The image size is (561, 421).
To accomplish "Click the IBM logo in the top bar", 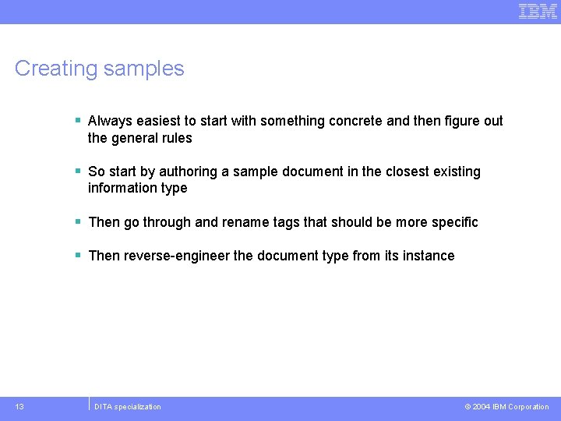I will click(x=538, y=11).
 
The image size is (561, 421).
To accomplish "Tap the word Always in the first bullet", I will click(x=109, y=121).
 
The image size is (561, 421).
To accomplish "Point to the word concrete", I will click(x=355, y=121).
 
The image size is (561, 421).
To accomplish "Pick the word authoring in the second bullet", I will click(x=189, y=172).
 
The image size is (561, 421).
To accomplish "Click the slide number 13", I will click(x=19, y=406).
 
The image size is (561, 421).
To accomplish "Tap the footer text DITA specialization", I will click(x=128, y=407).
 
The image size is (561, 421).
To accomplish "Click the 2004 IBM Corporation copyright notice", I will click(x=506, y=407).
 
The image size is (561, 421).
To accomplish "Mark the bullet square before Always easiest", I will click(x=78, y=120).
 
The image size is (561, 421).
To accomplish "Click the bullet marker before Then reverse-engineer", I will click(x=78, y=255).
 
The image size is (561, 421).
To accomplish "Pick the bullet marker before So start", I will click(x=78, y=171).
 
